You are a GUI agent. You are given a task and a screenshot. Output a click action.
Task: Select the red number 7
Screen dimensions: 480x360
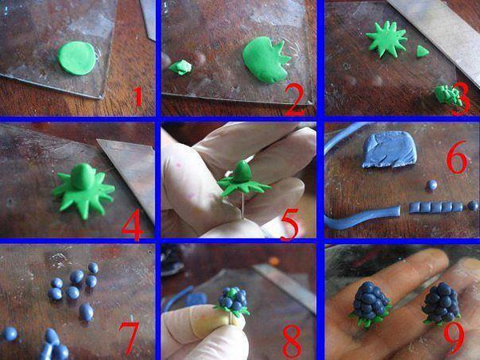click(x=129, y=338)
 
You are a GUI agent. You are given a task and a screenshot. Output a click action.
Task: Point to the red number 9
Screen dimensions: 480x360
click(x=454, y=338)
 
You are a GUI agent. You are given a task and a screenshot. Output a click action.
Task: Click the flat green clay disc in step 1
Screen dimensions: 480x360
click(x=77, y=58)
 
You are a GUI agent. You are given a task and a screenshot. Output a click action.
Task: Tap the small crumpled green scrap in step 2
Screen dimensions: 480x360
click(x=180, y=67)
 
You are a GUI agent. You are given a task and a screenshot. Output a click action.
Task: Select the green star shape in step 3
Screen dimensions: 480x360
click(x=386, y=39)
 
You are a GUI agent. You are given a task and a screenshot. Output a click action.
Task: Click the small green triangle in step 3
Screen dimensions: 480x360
click(x=422, y=51)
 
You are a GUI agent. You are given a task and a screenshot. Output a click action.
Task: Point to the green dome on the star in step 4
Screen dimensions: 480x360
click(x=84, y=176)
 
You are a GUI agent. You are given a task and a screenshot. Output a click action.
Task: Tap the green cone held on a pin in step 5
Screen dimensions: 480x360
click(x=242, y=171)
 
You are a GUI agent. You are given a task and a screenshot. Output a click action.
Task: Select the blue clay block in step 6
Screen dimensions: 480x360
click(x=389, y=150)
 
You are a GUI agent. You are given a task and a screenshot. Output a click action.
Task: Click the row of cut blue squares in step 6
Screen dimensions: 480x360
click(x=436, y=207)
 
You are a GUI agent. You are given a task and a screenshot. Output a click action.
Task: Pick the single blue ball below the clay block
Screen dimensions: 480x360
click(x=432, y=185)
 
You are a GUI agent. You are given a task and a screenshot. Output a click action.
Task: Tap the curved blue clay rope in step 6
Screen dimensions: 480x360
click(x=362, y=217)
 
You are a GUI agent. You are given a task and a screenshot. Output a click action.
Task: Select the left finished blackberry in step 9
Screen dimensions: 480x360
click(x=370, y=304)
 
